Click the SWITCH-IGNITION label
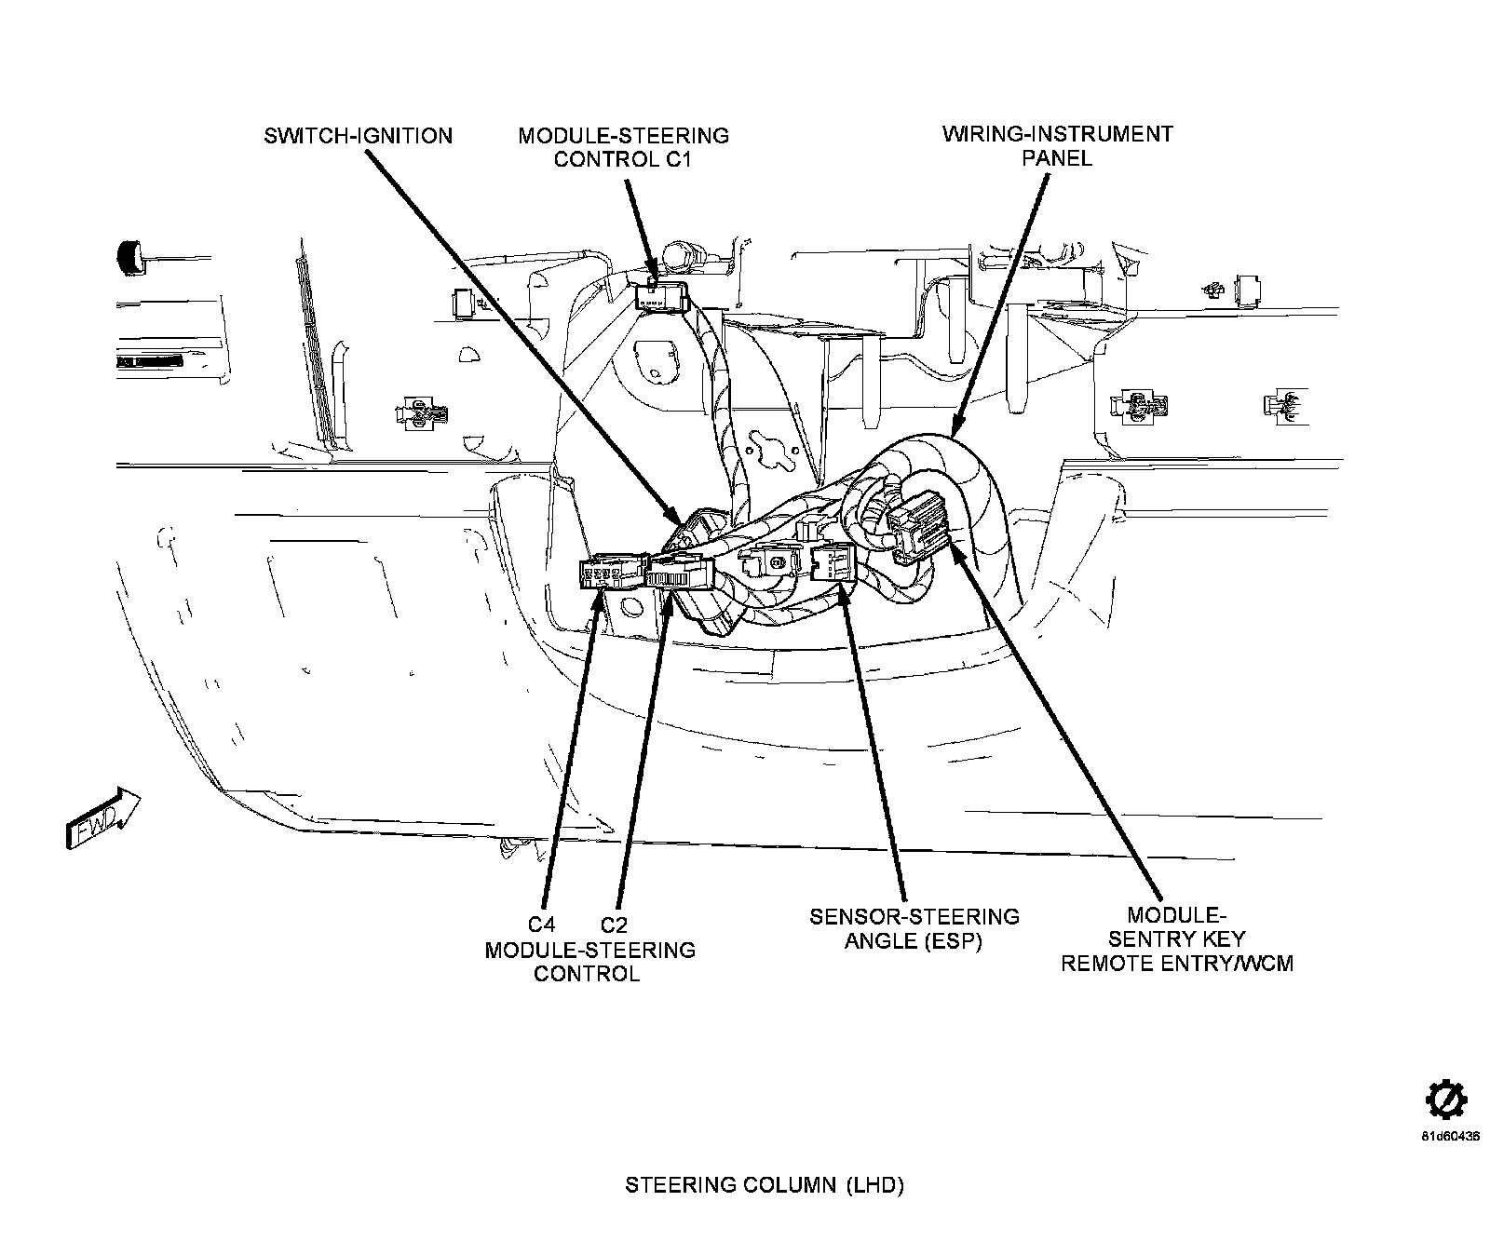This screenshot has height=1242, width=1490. (x=358, y=136)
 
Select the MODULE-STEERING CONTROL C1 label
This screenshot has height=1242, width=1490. (x=623, y=147)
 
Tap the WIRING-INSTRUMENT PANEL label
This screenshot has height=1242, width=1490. (x=1057, y=145)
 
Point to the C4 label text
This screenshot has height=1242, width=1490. (x=541, y=925)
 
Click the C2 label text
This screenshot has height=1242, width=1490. (x=614, y=925)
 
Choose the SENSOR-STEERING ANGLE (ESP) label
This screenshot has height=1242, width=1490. (x=914, y=928)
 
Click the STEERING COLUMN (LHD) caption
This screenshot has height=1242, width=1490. (x=764, y=1185)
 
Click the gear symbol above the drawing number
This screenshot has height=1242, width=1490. (x=1446, y=1101)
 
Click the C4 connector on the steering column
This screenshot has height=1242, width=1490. (x=609, y=574)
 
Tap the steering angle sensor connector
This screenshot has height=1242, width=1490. (x=833, y=562)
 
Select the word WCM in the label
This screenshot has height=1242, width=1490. (x=1266, y=963)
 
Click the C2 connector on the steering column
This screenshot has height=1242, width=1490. (x=680, y=571)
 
